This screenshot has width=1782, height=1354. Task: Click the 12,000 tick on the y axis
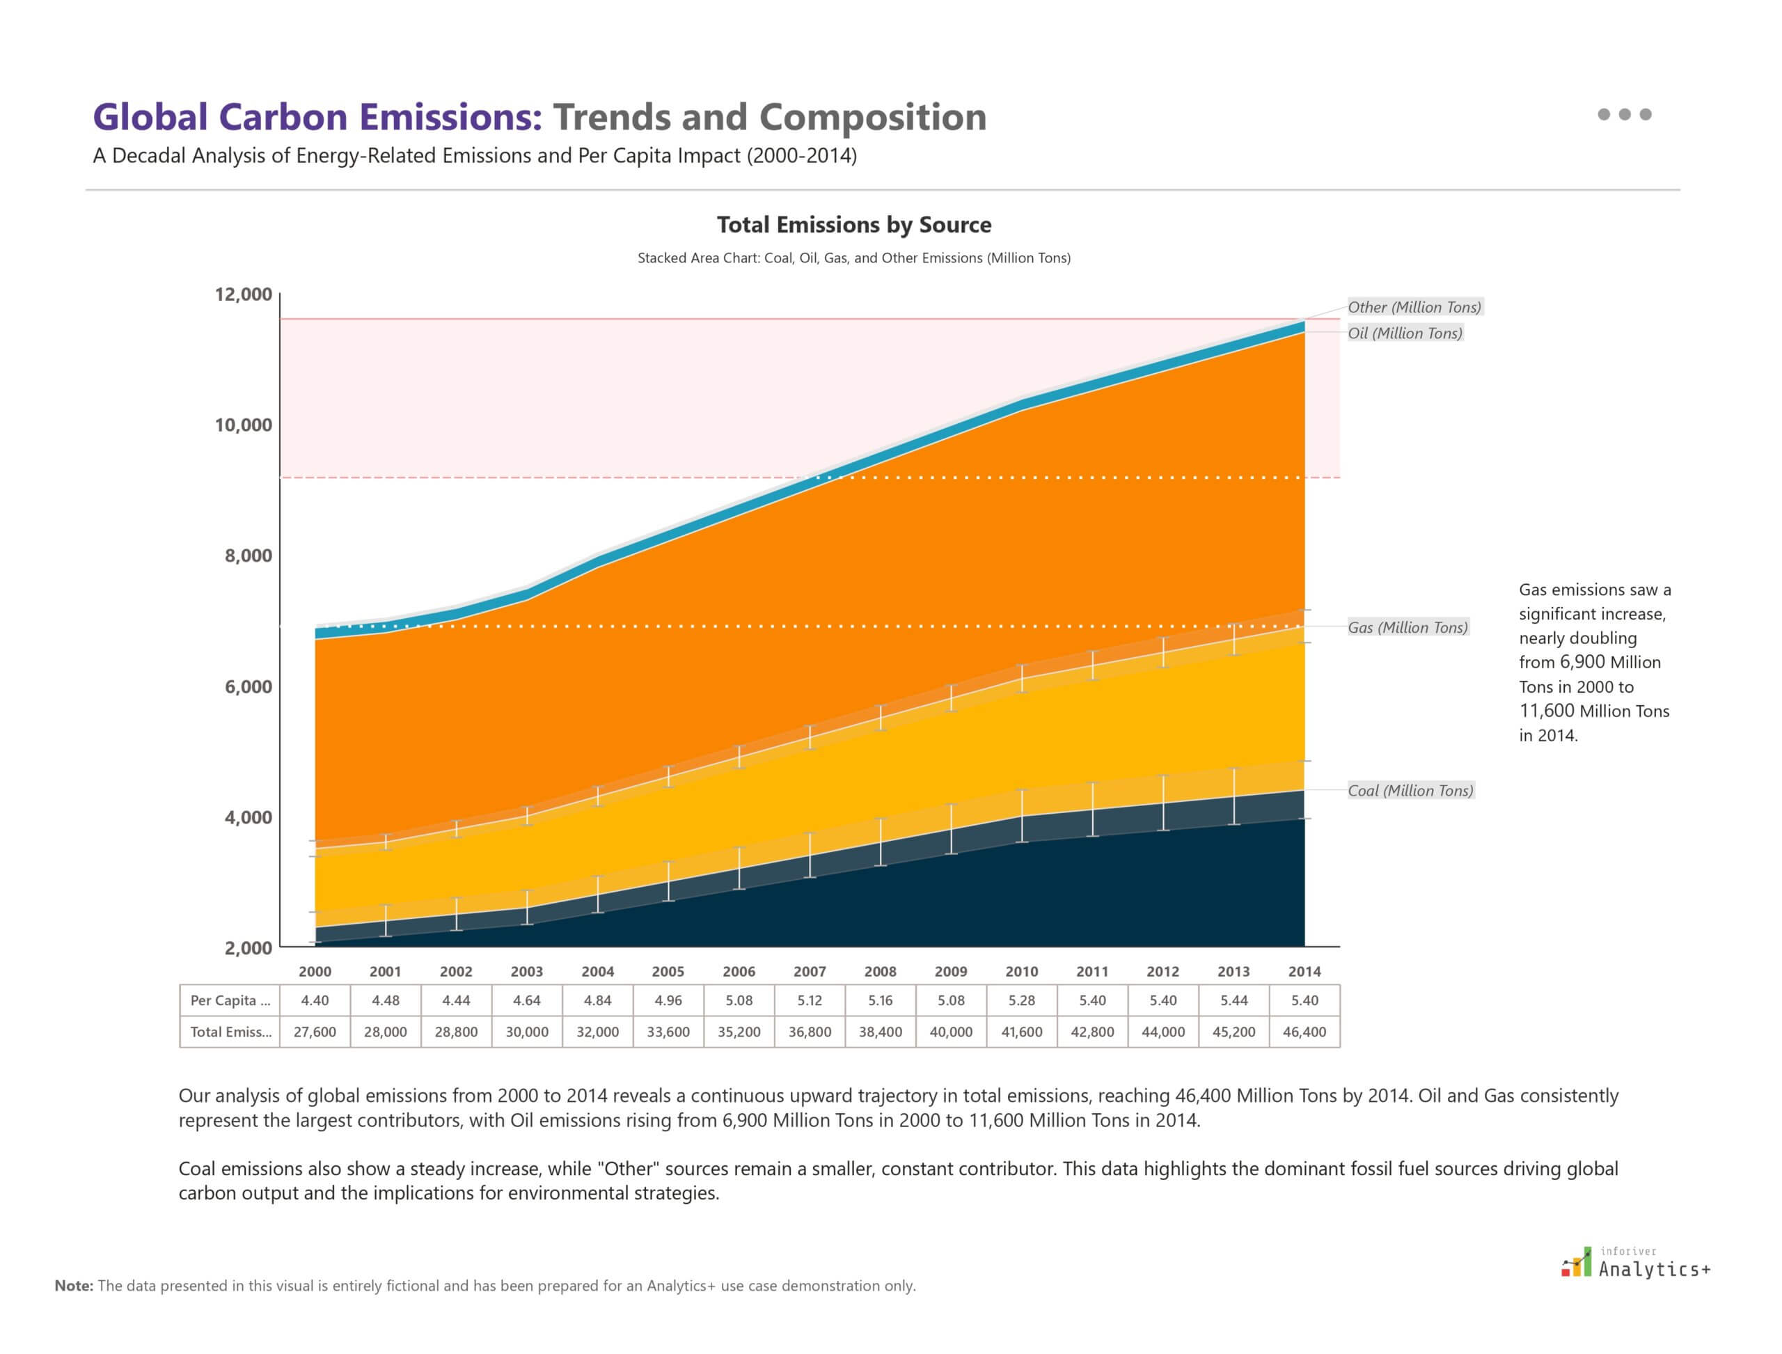[243, 294]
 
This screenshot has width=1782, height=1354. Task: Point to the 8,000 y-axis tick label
[247, 556]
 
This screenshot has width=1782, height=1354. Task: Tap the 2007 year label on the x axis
[809, 971]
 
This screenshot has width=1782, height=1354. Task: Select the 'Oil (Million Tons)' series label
[1405, 333]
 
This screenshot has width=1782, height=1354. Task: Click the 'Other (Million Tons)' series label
[1414, 307]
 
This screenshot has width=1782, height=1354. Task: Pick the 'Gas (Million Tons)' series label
[1408, 627]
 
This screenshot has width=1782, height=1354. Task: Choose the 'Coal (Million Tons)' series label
[1410, 791]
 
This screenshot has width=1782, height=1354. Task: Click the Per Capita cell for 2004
[597, 1000]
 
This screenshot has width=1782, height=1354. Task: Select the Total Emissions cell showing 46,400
[1304, 1032]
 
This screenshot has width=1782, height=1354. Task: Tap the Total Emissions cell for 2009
[950, 1032]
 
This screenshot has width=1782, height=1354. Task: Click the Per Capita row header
[230, 1000]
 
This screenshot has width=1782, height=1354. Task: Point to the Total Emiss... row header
[230, 1032]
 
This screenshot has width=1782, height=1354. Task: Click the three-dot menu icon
[1624, 114]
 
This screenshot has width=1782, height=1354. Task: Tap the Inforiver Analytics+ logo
[1635, 1263]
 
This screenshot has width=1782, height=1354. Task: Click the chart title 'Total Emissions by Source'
[853, 225]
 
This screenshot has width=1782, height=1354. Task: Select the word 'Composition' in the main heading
[873, 117]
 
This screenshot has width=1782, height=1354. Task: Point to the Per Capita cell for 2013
[1233, 1000]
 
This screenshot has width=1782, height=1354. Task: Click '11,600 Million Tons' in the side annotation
[1593, 711]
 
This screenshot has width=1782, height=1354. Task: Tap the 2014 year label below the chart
[1304, 971]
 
